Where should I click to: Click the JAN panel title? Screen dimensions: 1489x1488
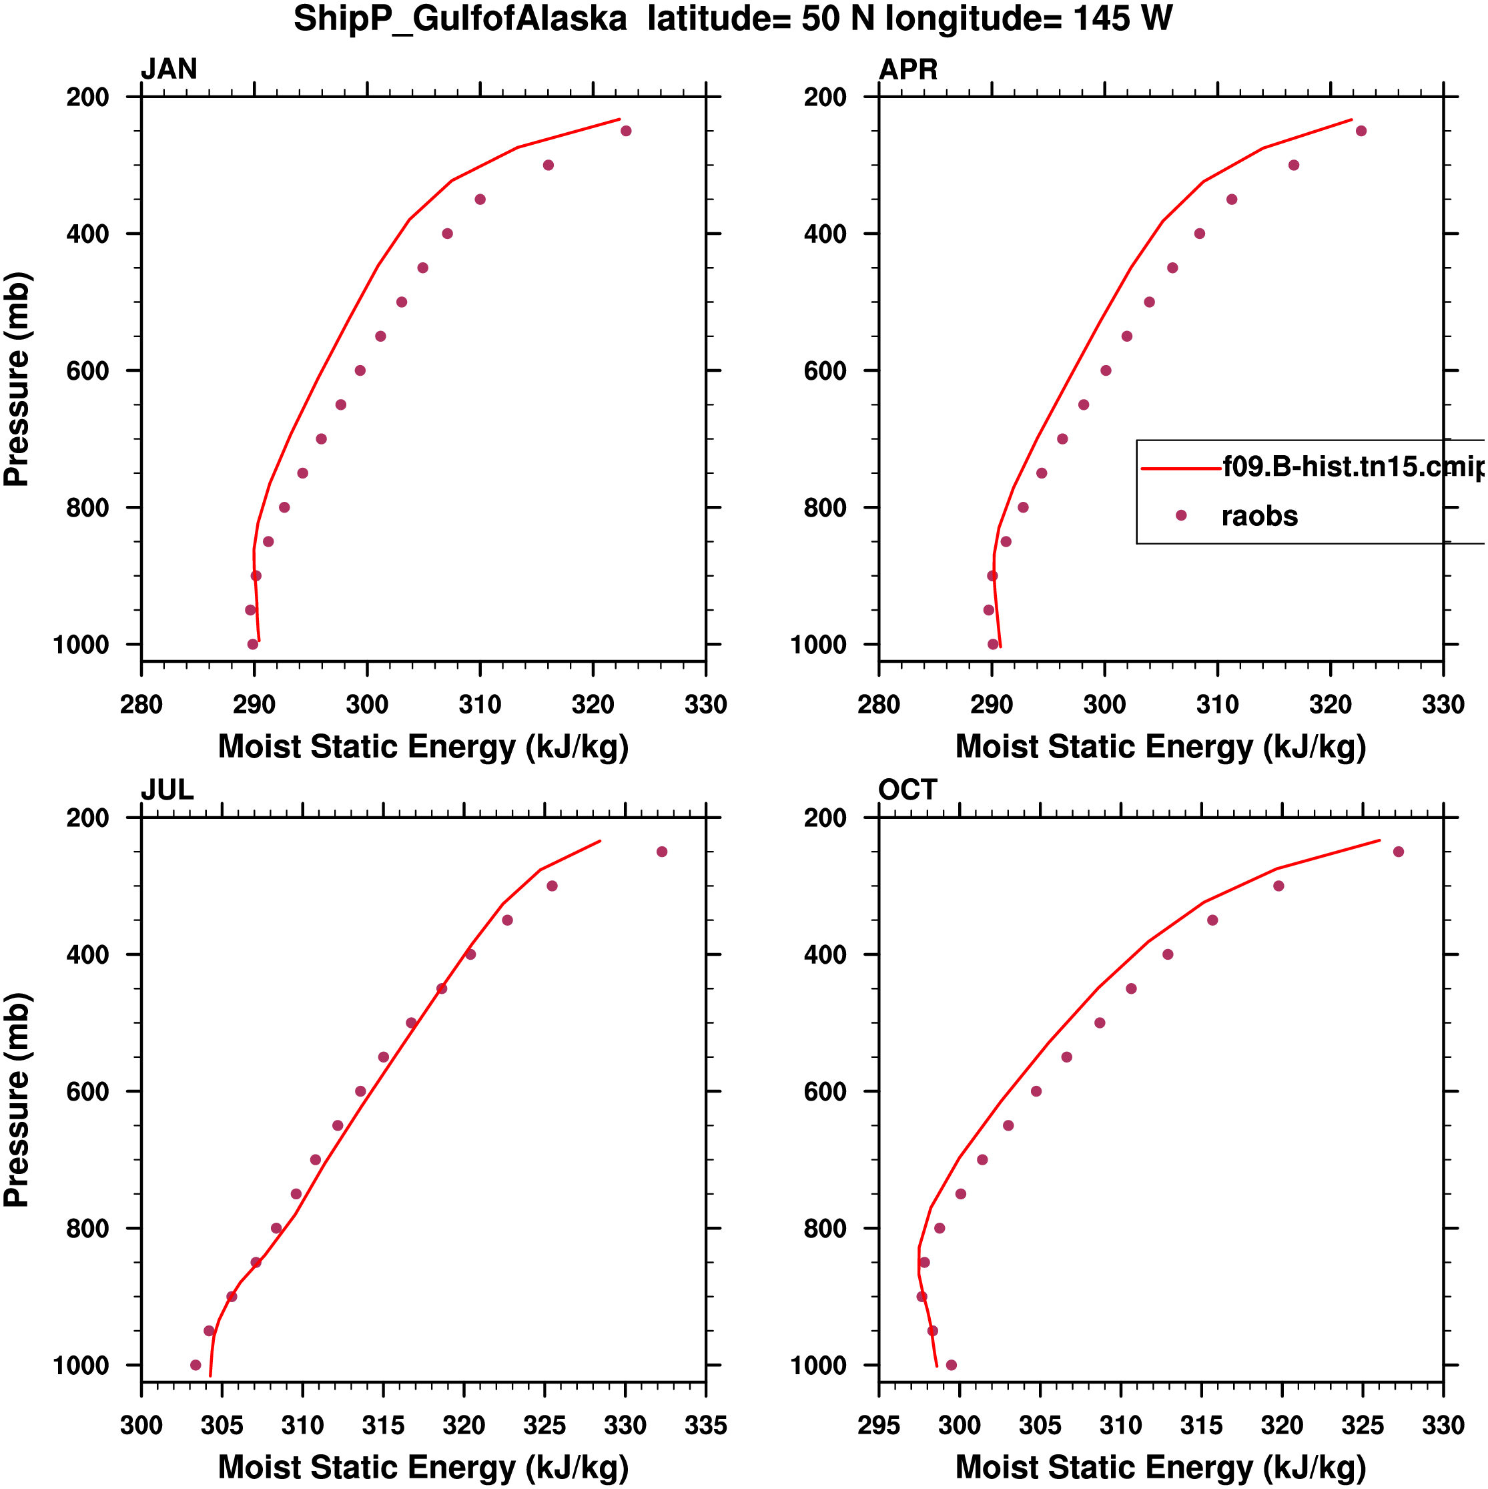pos(169,69)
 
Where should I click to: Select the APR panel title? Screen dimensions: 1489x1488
pos(907,69)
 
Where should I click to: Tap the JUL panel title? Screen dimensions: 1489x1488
pos(166,790)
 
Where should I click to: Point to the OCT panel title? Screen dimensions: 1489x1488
pos(907,790)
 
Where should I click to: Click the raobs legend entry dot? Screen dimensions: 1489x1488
pos(1180,515)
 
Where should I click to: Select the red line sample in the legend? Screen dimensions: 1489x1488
pos(1180,468)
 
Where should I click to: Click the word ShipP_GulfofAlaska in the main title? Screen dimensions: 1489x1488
pos(460,19)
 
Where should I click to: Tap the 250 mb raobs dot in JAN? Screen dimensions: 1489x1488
pos(626,131)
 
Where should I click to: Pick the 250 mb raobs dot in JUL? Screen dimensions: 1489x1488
pos(662,852)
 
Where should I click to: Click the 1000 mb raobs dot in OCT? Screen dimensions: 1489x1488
pos(951,1365)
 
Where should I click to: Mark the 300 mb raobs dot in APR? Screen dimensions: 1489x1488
pos(1294,165)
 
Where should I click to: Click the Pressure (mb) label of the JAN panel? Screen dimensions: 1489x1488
pos(17,378)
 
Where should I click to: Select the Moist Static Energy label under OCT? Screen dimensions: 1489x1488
pos(1160,1468)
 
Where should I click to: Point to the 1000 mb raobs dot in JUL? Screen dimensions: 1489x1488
pos(196,1365)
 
